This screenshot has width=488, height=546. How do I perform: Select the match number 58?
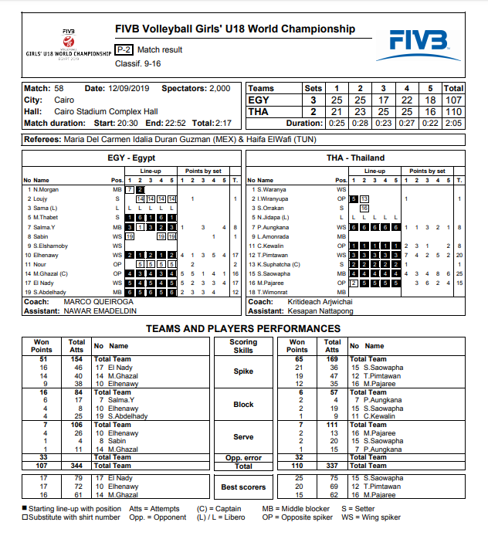pyautogui.click(x=59, y=88)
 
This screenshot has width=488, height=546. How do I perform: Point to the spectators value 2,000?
pyautogui.click(x=220, y=88)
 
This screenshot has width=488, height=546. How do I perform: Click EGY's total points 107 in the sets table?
pyautogui.click(x=454, y=100)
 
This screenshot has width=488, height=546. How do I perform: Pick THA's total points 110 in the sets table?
pyautogui.click(x=454, y=111)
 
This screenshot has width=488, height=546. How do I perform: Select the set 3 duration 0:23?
pyautogui.click(x=383, y=123)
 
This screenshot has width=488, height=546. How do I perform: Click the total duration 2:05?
pyautogui.click(x=454, y=123)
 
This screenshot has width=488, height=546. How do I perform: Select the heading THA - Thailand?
pyautogui.click(x=355, y=158)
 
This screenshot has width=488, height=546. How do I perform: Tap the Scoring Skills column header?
pyautogui.click(x=243, y=346)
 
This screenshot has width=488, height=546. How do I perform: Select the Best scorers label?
pyautogui.click(x=243, y=487)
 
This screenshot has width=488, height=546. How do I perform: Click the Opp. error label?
pyautogui.click(x=243, y=457)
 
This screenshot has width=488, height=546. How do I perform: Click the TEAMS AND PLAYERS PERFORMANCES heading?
pyautogui.click(x=243, y=328)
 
